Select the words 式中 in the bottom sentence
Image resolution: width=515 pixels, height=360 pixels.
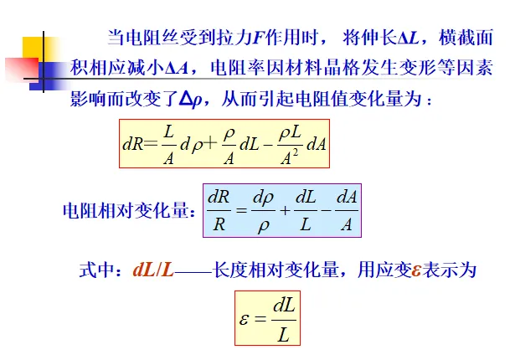point(100,271)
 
